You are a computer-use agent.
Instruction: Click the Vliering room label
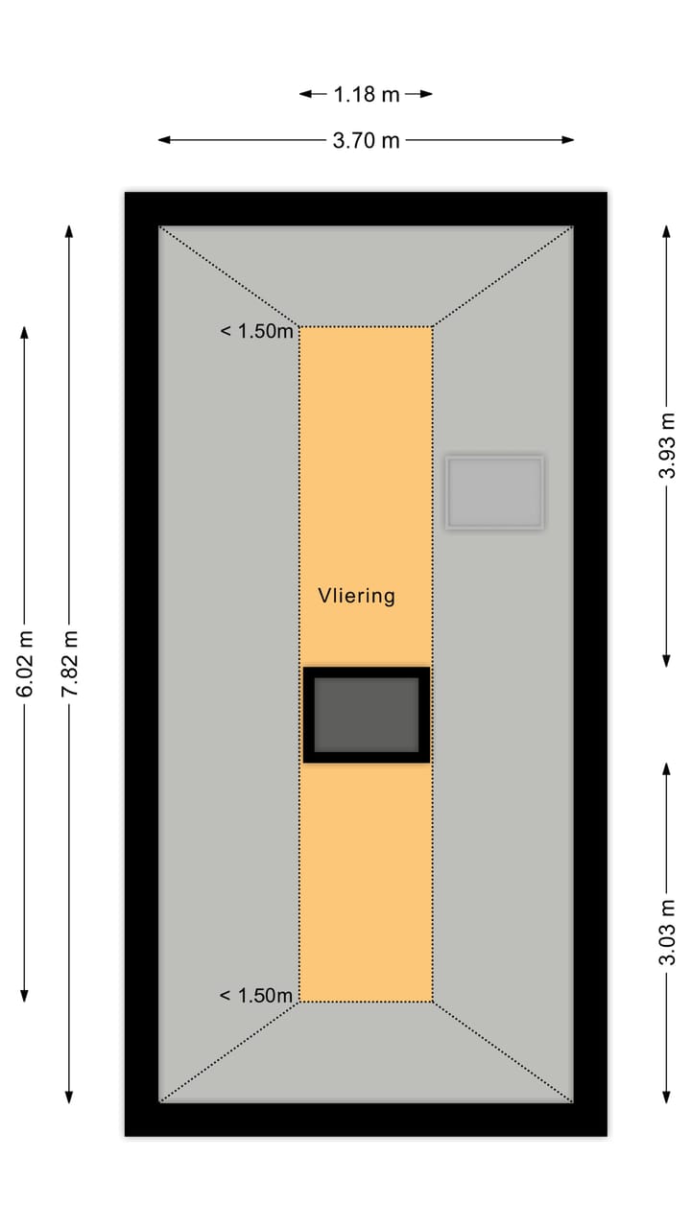pyautogui.click(x=356, y=596)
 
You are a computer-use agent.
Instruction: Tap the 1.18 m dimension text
pyautogui.click(x=366, y=94)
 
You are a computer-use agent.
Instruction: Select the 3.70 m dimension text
pyautogui.click(x=366, y=140)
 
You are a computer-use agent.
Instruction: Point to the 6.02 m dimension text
pyautogui.click(x=25, y=665)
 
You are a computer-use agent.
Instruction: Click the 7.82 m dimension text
pyautogui.click(x=69, y=665)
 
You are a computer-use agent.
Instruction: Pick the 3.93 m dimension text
pyautogui.click(x=668, y=445)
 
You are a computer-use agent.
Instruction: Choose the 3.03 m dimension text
pyautogui.click(x=668, y=932)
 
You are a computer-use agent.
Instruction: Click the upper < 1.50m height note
pyautogui.click(x=256, y=331)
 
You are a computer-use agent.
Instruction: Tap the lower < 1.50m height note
pyautogui.click(x=256, y=996)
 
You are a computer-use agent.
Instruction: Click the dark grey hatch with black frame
pyautogui.click(x=366, y=715)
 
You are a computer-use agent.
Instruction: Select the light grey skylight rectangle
pyautogui.click(x=494, y=492)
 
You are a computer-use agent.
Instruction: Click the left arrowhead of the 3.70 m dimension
pyautogui.click(x=164, y=140)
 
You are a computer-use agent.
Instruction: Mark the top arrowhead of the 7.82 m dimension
pyautogui.click(x=69, y=231)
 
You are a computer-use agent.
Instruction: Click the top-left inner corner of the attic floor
pyautogui.click(x=159, y=226)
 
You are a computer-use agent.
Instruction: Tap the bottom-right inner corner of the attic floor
pyautogui.click(x=573, y=1102)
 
